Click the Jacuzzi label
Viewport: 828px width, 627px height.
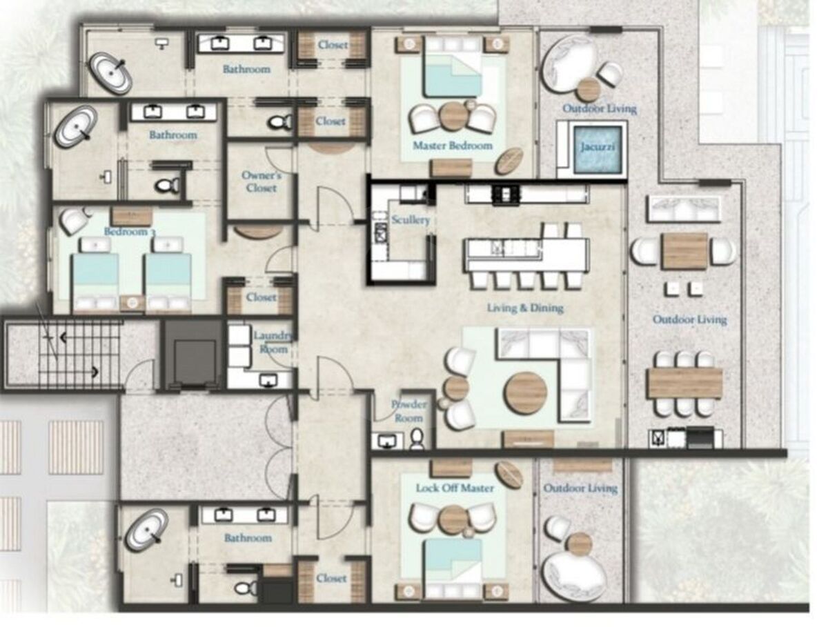tap(598, 146)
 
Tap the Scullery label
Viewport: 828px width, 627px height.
tap(411, 220)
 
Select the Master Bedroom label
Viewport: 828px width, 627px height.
tap(453, 145)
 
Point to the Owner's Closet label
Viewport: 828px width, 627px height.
tap(262, 181)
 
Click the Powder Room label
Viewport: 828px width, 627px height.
tap(409, 411)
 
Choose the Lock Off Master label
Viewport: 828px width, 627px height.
tap(455, 488)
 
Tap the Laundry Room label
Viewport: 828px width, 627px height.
tap(273, 342)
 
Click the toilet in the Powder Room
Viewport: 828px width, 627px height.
tap(417, 439)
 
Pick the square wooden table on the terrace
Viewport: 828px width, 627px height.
tap(684, 251)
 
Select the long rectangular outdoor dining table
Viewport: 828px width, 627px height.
tap(684, 384)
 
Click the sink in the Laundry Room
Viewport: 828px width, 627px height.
tap(269, 380)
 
